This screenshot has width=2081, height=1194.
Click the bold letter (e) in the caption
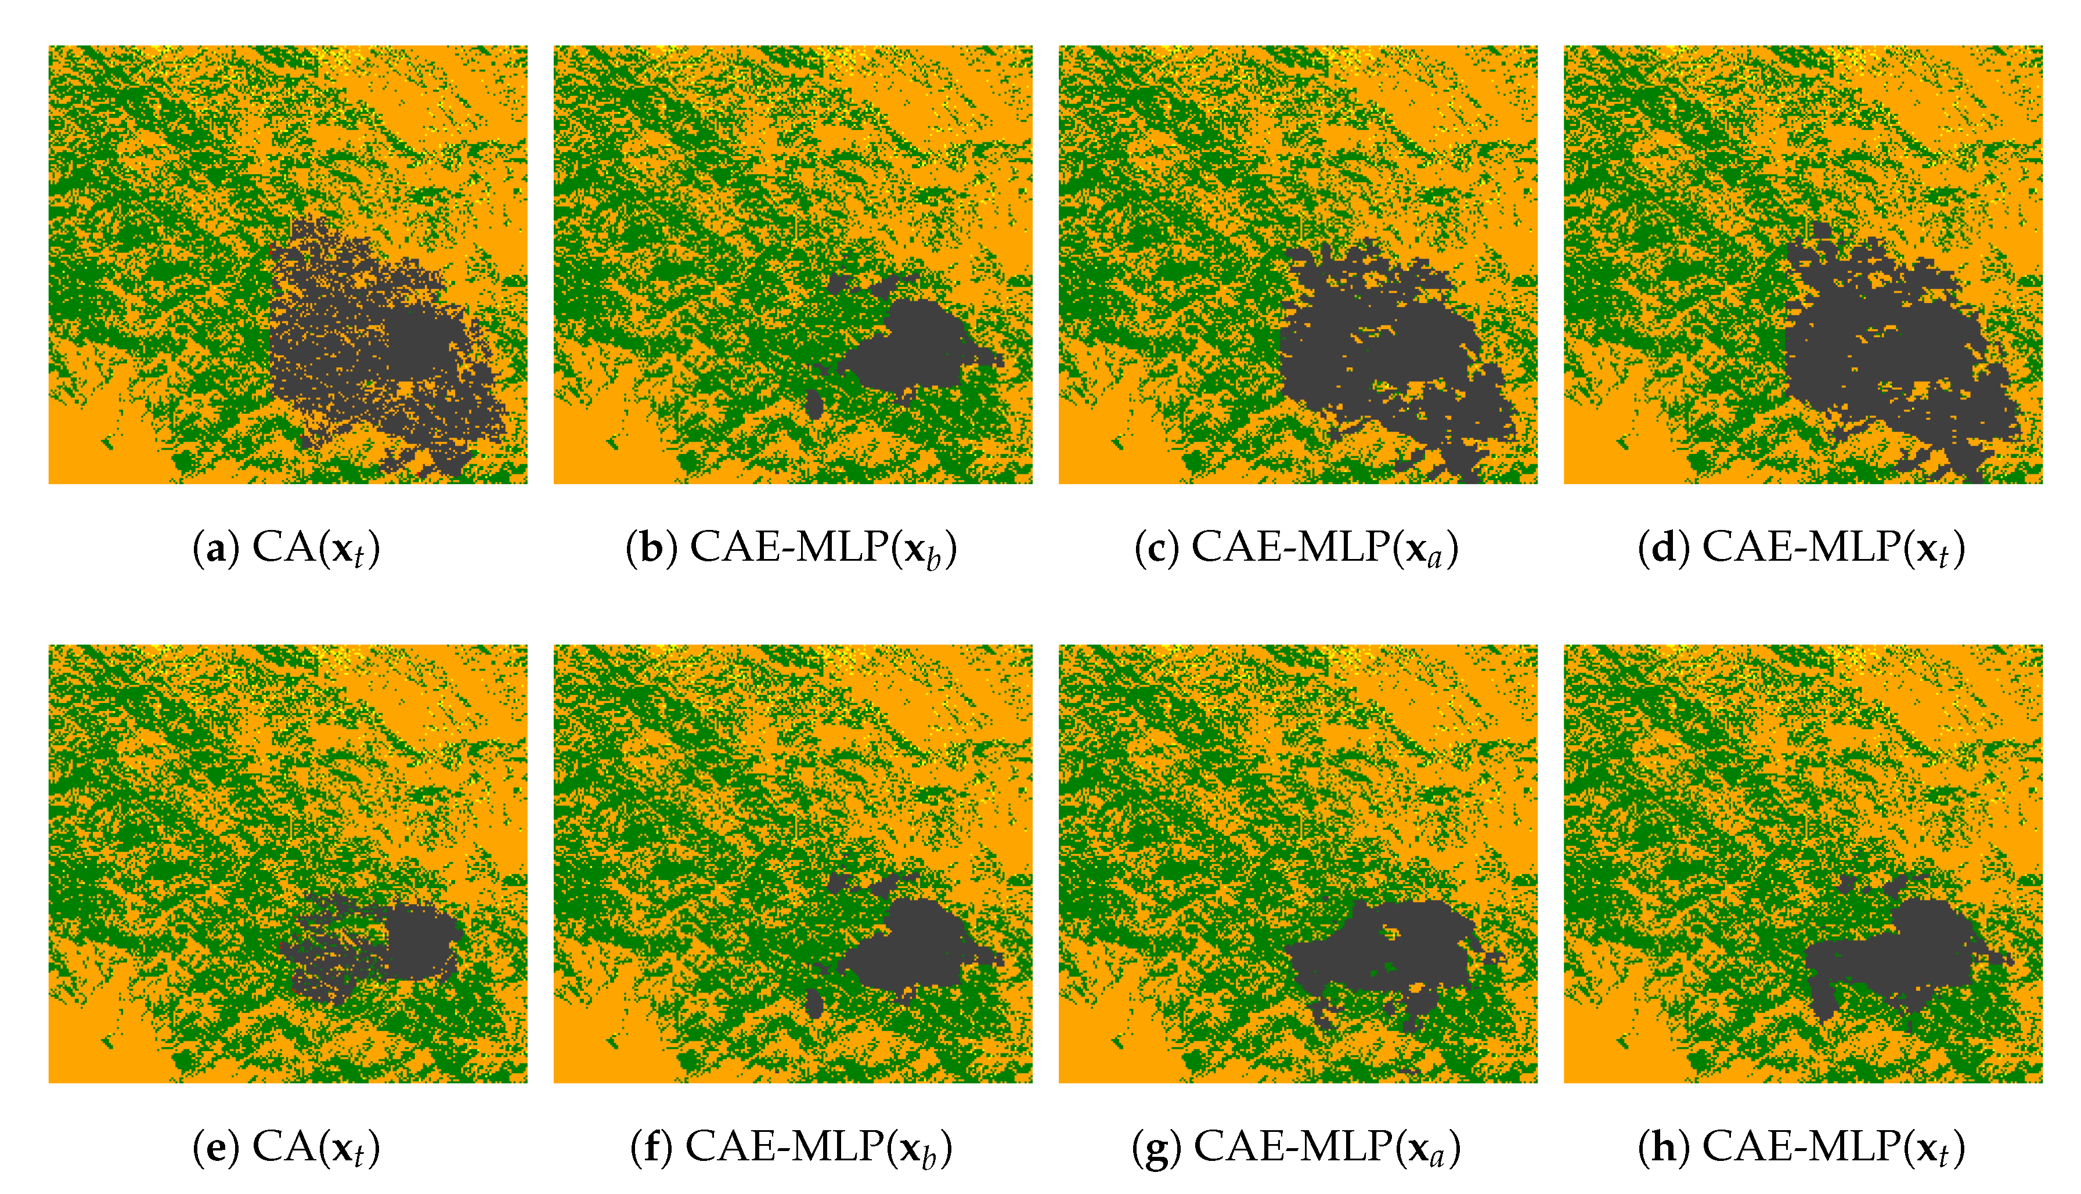215,1146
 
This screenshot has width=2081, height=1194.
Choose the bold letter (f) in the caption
651,1146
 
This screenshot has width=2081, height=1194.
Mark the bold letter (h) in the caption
1663,1146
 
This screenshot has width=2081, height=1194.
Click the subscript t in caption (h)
1942,1156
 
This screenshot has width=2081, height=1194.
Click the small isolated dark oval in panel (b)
814,404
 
